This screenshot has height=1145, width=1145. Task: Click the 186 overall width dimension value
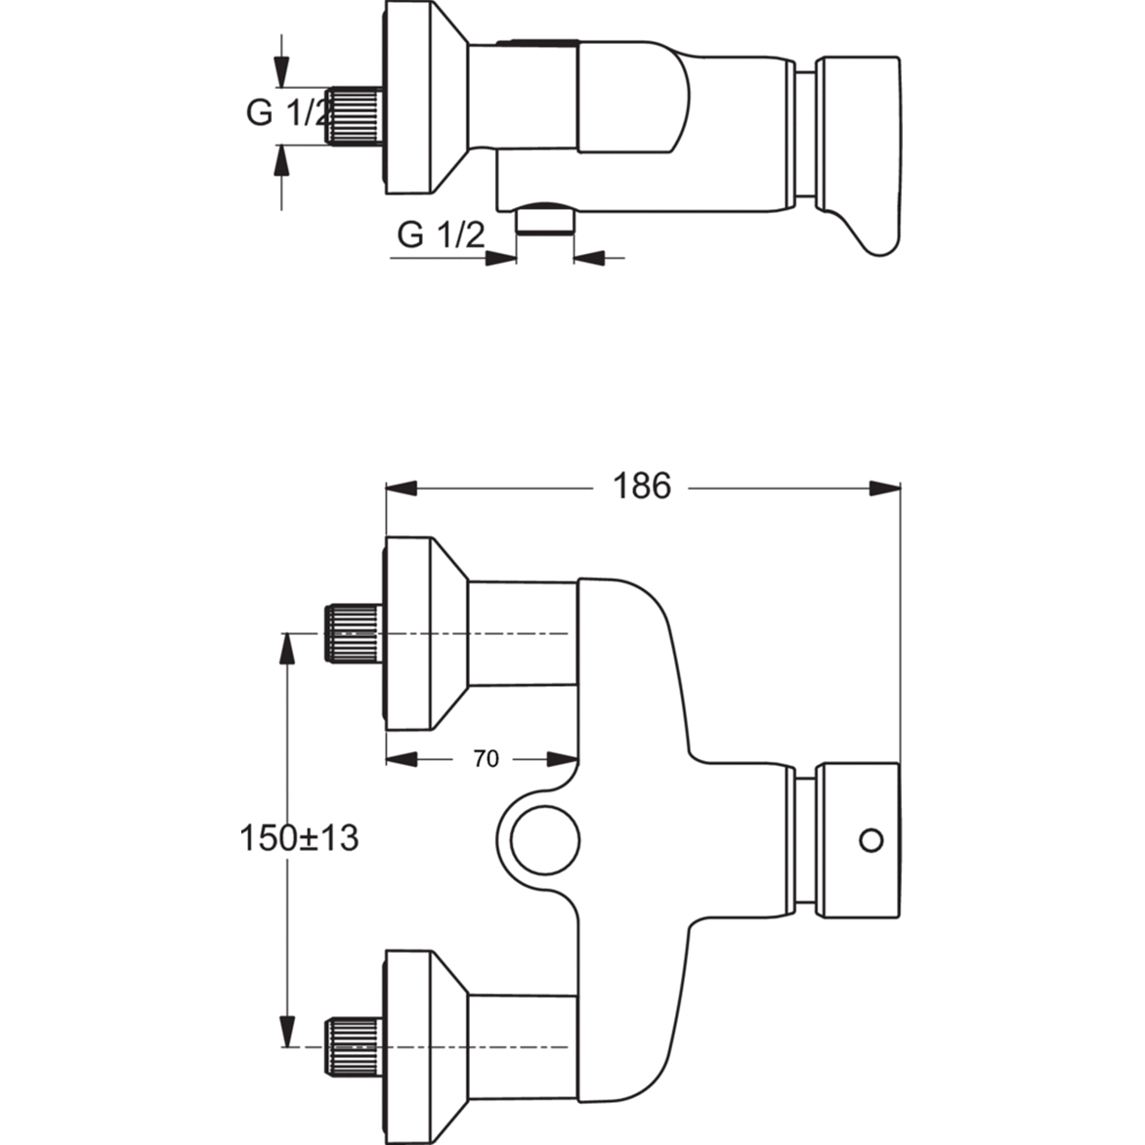pyautogui.click(x=641, y=486)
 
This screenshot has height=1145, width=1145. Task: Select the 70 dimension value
pyautogui.click(x=486, y=759)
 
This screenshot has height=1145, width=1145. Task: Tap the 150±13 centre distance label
pyautogui.click(x=299, y=837)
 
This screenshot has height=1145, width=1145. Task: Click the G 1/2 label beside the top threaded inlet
pyautogui.click(x=287, y=112)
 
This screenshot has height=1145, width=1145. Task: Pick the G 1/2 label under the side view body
pyautogui.click(x=441, y=235)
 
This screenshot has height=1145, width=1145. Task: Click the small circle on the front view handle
pyautogui.click(x=870, y=839)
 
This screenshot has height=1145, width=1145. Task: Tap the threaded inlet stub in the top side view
pyautogui.click(x=354, y=115)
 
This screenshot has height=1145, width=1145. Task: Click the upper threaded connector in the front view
pyautogui.click(x=352, y=633)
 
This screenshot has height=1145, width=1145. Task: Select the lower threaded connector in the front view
pyautogui.click(x=352, y=1046)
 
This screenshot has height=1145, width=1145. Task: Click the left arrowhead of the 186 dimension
pyautogui.click(x=402, y=488)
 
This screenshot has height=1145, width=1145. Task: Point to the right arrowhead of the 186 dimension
pyautogui.click(x=884, y=488)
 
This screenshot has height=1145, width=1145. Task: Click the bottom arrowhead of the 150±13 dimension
pyautogui.click(x=287, y=1032)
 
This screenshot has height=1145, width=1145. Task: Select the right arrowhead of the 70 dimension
pyautogui.click(x=563, y=759)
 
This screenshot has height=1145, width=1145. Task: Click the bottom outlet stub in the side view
pyautogui.click(x=545, y=219)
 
